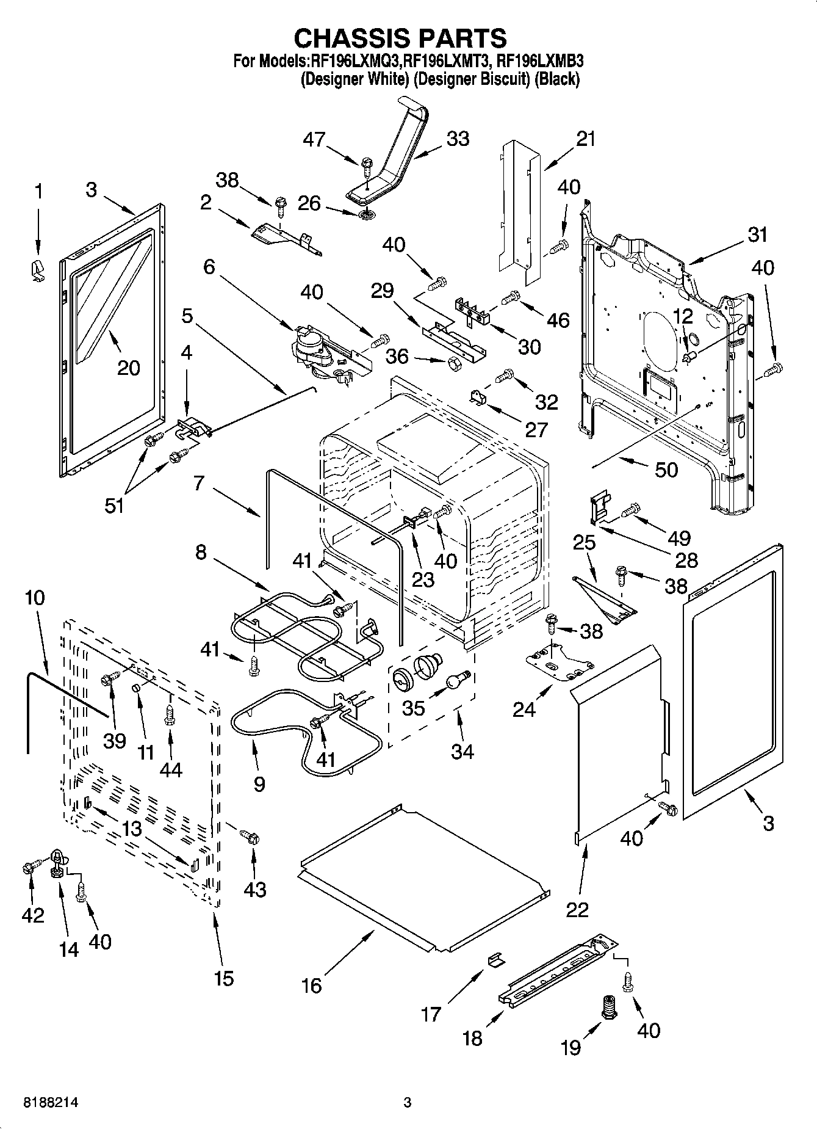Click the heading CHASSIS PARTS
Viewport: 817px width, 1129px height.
[400, 38]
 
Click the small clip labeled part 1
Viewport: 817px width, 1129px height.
[38, 269]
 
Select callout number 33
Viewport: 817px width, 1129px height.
[458, 139]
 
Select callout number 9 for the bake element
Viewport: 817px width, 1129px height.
[259, 783]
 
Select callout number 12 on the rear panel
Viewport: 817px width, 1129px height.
[684, 316]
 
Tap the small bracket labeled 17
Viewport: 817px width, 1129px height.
[494, 960]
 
